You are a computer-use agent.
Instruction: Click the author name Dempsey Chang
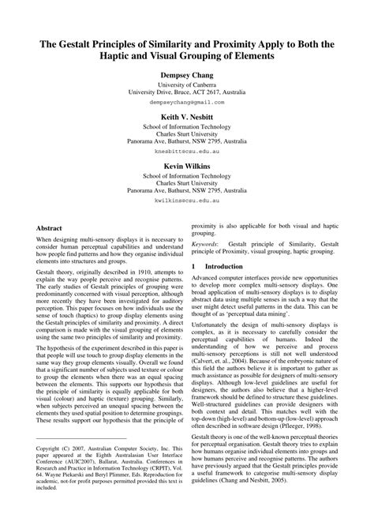pos(187,75)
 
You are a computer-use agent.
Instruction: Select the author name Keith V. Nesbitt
pos(187,115)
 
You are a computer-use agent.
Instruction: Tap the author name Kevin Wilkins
pos(187,167)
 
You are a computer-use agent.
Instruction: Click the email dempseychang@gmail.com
pos(187,102)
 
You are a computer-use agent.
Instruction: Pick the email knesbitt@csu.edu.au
pos(187,148)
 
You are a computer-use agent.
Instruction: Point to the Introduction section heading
pos(224,267)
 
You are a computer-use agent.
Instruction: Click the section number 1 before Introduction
pos(193,267)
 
